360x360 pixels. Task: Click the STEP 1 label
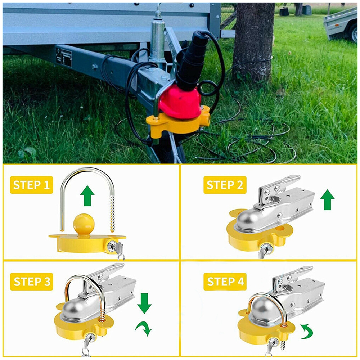coord(31,185)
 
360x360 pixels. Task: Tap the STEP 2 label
coord(225,185)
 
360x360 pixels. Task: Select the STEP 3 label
coord(31,282)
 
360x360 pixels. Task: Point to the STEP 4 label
coord(225,282)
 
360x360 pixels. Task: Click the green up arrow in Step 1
coord(87,196)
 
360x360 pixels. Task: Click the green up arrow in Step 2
coord(327,200)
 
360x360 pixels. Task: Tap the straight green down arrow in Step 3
coord(144,303)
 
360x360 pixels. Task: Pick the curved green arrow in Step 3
coord(144,328)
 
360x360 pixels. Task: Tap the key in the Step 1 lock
coord(120,250)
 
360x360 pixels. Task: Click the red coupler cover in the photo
coord(180,102)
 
